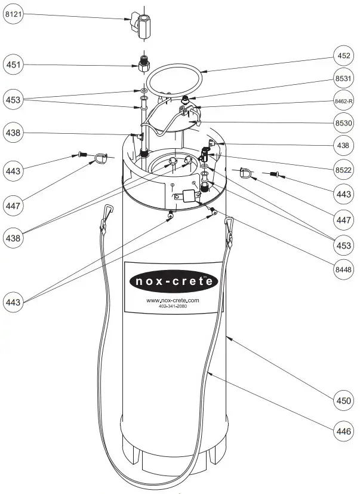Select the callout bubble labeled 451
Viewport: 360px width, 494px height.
[15, 63]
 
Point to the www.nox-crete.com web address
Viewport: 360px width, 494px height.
[173, 300]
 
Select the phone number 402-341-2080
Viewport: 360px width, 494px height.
[173, 307]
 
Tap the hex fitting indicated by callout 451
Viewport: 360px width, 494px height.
[143, 64]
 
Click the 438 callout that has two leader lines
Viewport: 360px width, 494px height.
[15, 237]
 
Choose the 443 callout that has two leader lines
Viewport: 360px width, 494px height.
[15, 302]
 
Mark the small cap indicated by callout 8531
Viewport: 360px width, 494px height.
[186, 98]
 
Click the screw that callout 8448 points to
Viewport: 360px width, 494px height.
[211, 209]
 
